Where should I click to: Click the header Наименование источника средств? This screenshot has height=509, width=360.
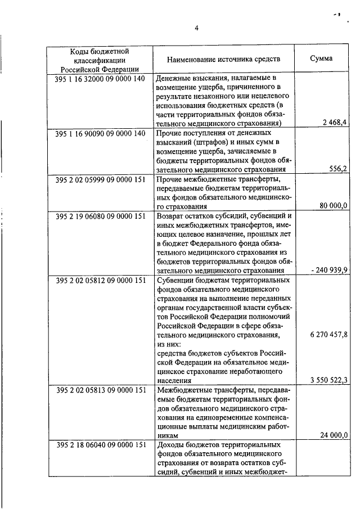[223, 58]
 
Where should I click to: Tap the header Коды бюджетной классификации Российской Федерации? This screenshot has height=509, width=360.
[99, 59]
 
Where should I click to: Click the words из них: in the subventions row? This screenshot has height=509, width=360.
[171, 344]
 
